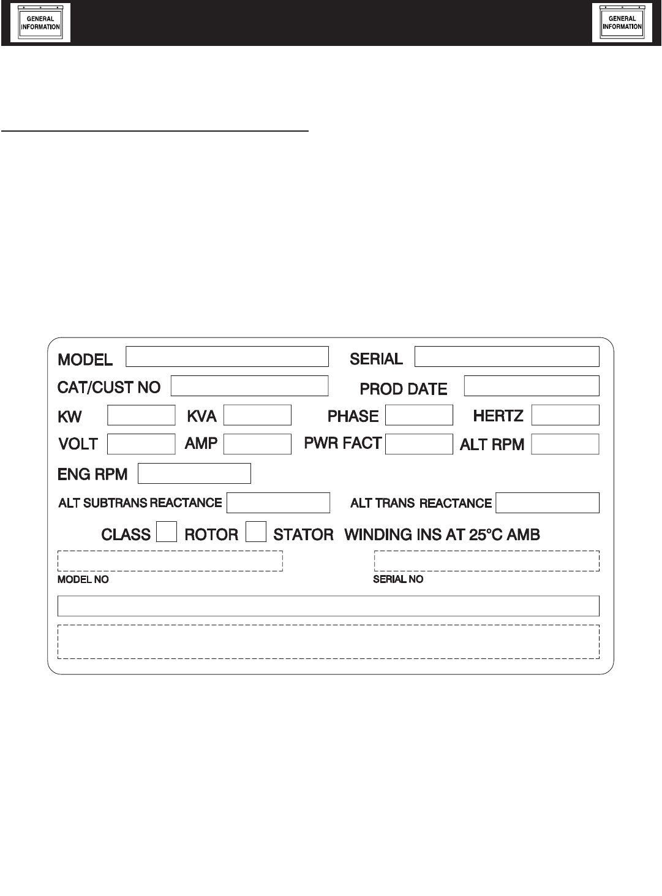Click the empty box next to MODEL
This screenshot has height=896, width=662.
pos(227,356)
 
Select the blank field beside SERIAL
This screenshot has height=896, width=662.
pos(506,356)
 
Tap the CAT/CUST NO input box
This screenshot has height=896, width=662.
pos(249,386)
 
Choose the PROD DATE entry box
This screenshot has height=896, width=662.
pos(532,386)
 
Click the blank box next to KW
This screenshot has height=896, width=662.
pos(141,415)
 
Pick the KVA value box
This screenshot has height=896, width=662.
pos(257,415)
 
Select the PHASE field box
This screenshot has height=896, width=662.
pos(419,415)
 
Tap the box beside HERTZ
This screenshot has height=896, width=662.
pos(565,415)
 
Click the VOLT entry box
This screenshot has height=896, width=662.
pos(141,444)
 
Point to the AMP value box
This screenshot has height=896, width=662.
pos(257,444)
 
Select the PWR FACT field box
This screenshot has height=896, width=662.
pos(419,444)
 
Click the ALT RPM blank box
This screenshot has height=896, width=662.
pos(565,444)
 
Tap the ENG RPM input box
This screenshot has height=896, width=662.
pos(194,473)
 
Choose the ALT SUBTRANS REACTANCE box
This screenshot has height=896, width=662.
pos(278,503)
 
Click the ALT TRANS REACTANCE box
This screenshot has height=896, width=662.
pos(547,503)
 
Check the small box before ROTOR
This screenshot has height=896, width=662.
pos(167,532)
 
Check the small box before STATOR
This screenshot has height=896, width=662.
pos(256,532)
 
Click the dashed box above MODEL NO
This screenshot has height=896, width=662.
pos(170,561)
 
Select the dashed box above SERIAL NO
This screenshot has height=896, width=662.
pos(487,561)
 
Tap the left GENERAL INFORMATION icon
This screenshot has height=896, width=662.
pos(40,23)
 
